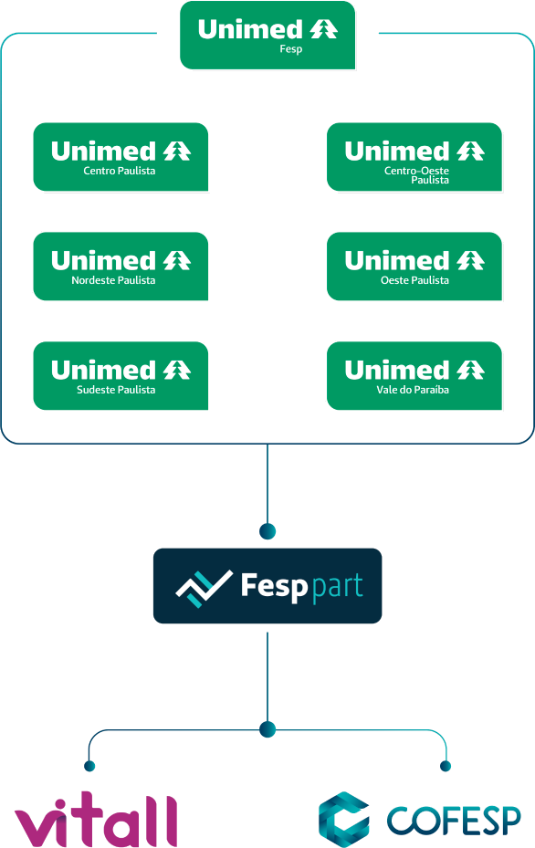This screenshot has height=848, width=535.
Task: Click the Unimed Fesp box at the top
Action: [267, 36]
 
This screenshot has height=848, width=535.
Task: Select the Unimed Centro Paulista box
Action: [121, 157]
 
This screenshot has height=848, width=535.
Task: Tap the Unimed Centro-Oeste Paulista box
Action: [414, 157]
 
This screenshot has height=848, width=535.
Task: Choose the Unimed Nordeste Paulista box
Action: [121, 266]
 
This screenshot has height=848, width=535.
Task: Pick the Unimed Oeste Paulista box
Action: [414, 266]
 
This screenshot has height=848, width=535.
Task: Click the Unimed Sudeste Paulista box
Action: [121, 375]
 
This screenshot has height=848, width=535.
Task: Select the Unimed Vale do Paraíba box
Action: [414, 375]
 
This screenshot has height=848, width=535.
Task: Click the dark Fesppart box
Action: [267, 586]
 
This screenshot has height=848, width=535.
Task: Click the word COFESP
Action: [454, 821]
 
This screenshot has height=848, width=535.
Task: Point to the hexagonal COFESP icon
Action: [344, 820]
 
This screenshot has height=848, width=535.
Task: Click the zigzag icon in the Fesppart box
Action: [204, 589]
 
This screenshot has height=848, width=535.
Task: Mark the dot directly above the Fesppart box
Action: [267, 531]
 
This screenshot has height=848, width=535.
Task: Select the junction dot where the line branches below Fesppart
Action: [267, 729]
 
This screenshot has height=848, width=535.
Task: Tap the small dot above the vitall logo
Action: [89, 766]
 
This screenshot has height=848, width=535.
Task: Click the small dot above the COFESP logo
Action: [446, 766]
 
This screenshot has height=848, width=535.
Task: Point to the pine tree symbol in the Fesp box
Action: [324, 28]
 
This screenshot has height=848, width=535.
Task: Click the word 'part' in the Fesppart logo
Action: [338, 587]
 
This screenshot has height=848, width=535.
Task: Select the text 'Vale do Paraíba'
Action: [413, 390]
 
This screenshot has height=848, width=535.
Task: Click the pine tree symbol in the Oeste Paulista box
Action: [470, 260]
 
